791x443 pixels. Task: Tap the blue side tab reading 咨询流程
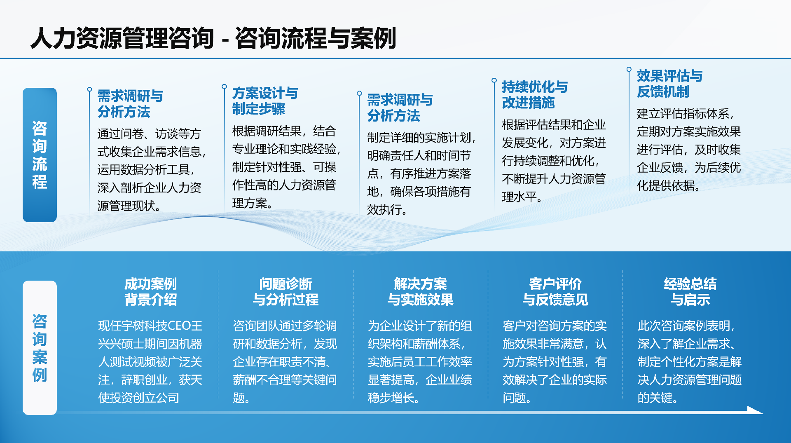[40, 155]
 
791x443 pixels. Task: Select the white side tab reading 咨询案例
[40, 348]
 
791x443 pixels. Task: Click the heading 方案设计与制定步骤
[265, 101]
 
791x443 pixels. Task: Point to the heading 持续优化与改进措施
[534, 95]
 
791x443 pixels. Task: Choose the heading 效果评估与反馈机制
[669, 84]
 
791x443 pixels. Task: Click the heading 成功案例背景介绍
[150, 292]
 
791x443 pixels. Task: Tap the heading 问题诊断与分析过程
[286, 292]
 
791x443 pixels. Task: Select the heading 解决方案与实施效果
[420, 292]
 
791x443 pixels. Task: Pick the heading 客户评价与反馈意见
[555, 292]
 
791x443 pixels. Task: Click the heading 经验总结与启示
[690, 292]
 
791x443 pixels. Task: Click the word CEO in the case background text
[179, 326]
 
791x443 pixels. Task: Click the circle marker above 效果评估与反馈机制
[629, 69]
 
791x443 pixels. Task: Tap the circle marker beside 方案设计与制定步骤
[224, 87]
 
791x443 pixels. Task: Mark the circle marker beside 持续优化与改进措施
[494, 80]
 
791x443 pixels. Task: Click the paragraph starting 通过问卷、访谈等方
[150, 169]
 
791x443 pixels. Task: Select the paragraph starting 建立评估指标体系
[688, 149]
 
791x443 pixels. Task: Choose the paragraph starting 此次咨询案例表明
[689, 362]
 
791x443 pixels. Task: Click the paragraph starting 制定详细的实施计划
[420, 173]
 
